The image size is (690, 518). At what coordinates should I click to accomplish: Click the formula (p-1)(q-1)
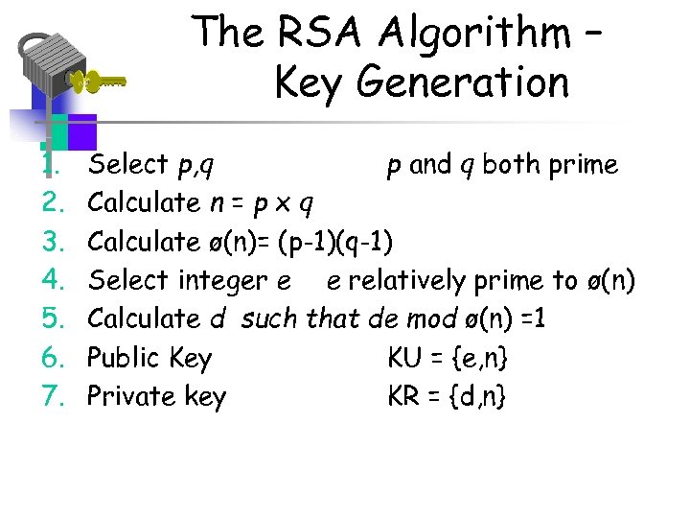pos(335,242)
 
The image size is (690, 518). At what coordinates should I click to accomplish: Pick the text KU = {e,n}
pos(448,358)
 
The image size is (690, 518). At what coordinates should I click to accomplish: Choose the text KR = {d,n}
pos(448,396)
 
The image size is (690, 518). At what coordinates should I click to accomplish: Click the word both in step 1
pos(508,165)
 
